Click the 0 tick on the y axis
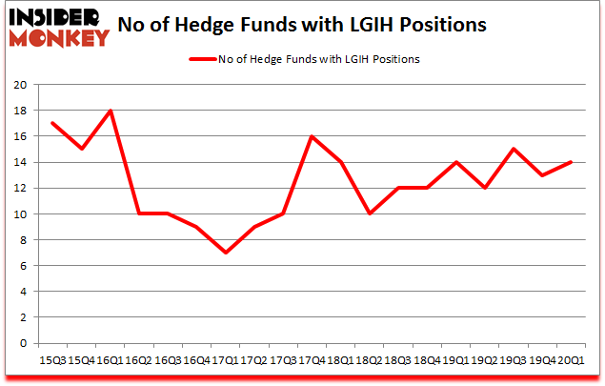click(21, 344)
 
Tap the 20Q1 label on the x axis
click(570, 360)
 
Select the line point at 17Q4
click(313, 136)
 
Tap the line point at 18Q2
click(370, 214)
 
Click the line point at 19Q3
click(513, 150)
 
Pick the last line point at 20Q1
click(570, 162)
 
